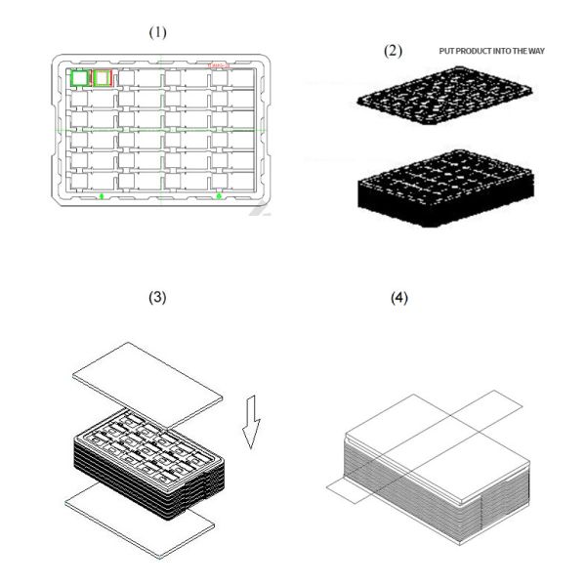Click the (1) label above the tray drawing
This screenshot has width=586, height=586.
157,32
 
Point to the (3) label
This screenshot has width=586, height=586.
157,298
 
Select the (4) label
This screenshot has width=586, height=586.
398,298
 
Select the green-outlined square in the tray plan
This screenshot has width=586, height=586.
79,77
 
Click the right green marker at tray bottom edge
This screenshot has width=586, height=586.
219,196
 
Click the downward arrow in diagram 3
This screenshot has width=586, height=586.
252,421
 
